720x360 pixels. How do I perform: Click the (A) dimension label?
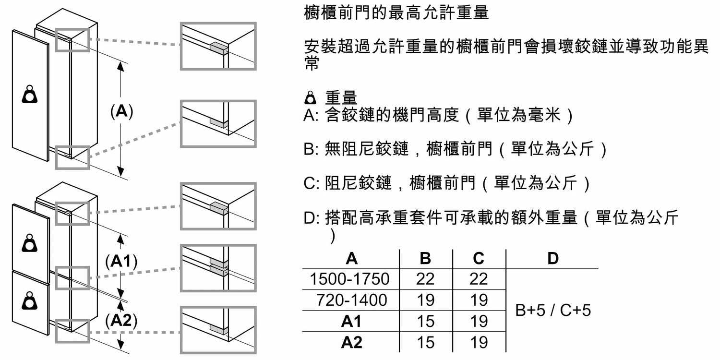tap(121, 111)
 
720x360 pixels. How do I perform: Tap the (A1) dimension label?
tap(121, 261)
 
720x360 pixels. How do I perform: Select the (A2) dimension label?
tap(121, 320)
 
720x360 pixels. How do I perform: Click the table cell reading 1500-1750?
tap(349, 279)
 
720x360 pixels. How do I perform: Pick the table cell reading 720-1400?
tap(352, 300)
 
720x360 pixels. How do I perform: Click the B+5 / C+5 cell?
tap(553, 310)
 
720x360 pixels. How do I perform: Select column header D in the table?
tap(553, 258)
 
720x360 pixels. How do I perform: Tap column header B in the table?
tap(425, 258)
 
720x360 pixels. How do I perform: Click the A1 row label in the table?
tap(351, 321)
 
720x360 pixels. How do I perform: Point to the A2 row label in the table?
tap(351, 342)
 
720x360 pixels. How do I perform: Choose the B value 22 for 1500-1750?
tap(425, 279)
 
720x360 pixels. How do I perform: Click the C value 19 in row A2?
tap(479, 342)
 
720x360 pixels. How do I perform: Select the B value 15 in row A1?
tap(426, 321)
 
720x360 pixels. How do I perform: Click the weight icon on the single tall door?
tap(30, 94)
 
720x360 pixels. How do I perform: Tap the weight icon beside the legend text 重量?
tap(310, 98)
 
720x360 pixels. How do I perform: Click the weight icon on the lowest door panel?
tap(30, 301)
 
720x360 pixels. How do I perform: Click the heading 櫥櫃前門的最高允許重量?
tap(396, 13)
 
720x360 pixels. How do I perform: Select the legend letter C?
tap(311, 183)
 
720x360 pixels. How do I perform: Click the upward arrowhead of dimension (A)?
tap(120, 66)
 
